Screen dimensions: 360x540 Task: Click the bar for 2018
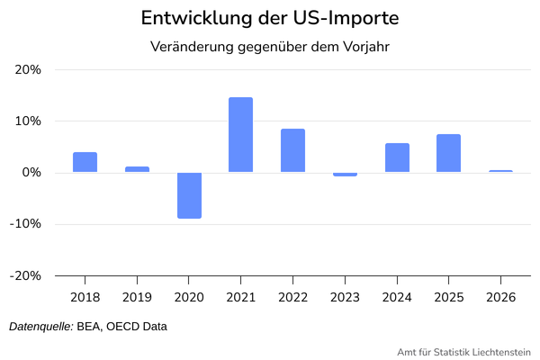(x=85, y=162)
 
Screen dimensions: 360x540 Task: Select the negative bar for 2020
(x=189, y=195)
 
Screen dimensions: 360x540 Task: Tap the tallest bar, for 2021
(x=240, y=135)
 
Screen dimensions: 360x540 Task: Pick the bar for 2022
(x=292, y=150)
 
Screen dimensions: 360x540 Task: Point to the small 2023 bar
(x=345, y=175)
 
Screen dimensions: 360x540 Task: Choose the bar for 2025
(x=448, y=153)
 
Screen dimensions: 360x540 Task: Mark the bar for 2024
(x=397, y=157)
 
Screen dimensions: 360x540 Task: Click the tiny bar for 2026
(x=500, y=171)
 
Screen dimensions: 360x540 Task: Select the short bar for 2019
(x=137, y=169)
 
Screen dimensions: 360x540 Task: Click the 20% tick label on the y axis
(x=29, y=69)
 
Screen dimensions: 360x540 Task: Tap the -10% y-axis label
(x=26, y=224)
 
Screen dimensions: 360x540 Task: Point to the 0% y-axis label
(x=32, y=173)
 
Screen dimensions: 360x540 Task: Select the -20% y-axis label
(x=26, y=275)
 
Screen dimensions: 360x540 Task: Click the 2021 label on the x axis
(x=240, y=297)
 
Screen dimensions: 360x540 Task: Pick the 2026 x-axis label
(x=500, y=297)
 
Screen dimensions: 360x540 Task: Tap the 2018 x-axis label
(x=85, y=297)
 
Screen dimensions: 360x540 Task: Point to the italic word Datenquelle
(x=40, y=327)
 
